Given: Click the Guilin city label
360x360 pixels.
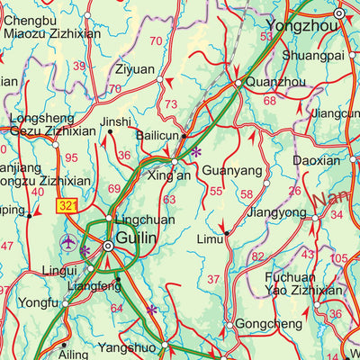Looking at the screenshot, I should [x=137, y=238].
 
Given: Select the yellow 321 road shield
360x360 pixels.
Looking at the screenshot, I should [x=67, y=206].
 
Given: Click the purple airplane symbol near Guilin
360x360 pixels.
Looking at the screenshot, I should [x=68, y=242].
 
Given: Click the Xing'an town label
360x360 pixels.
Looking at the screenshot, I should [x=169, y=175].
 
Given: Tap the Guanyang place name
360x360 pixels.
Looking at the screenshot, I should [x=232, y=170].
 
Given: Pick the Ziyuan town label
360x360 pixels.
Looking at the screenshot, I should [x=135, y=69].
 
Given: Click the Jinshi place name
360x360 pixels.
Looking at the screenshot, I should [x=115, y=121].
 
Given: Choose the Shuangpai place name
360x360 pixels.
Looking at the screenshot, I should [x=313, y=55].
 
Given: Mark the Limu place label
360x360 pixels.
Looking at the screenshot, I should [x=210, y=238].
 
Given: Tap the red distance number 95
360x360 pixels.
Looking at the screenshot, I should [x=72, y=158].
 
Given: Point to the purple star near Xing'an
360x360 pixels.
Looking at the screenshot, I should [x=196, y=153].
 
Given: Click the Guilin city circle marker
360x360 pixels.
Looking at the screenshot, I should [x=108, y=246].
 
